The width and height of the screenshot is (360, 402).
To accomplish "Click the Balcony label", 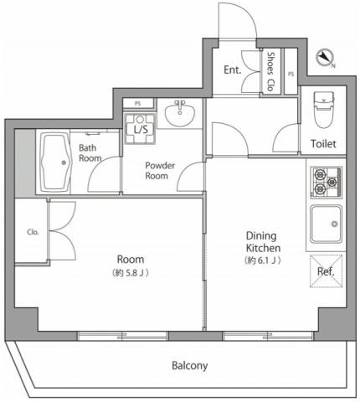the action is tap(189, 366).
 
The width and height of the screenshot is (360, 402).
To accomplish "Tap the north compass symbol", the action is tap(325, 58).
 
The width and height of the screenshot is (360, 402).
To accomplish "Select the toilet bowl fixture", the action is tap(324, 110).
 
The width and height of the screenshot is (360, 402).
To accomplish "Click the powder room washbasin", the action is tap(180, 113).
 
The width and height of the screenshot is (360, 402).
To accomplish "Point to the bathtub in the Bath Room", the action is tap(55, 162).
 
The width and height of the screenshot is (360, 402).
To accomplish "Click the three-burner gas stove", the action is tap(326, 183).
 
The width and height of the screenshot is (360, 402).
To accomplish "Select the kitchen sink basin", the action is tap(327, 224).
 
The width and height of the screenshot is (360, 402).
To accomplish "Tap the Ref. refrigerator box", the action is tap(326, 271).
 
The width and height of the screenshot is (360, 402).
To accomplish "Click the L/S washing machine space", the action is tap(140, 129).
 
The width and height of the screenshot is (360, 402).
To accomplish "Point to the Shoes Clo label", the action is tap(270, 71).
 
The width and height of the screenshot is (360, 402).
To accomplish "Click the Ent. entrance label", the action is tap(232, 70).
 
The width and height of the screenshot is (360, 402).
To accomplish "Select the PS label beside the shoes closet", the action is tap(291, 74).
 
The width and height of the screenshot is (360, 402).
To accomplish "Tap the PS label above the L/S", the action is tap(138, 104).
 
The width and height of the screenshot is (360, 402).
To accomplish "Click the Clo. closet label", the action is tap(33, 232).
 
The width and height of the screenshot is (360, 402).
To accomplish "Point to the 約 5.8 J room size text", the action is tap(130, 273).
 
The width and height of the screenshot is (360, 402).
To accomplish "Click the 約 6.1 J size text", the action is tap(263, 260).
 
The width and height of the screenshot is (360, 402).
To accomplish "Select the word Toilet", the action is tap(323, 144).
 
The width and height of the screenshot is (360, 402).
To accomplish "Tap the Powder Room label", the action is tap(160, 171).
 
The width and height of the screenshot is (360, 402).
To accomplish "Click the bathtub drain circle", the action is tap(64, 162).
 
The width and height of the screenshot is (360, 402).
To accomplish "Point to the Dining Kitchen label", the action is tap(263, 242).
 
